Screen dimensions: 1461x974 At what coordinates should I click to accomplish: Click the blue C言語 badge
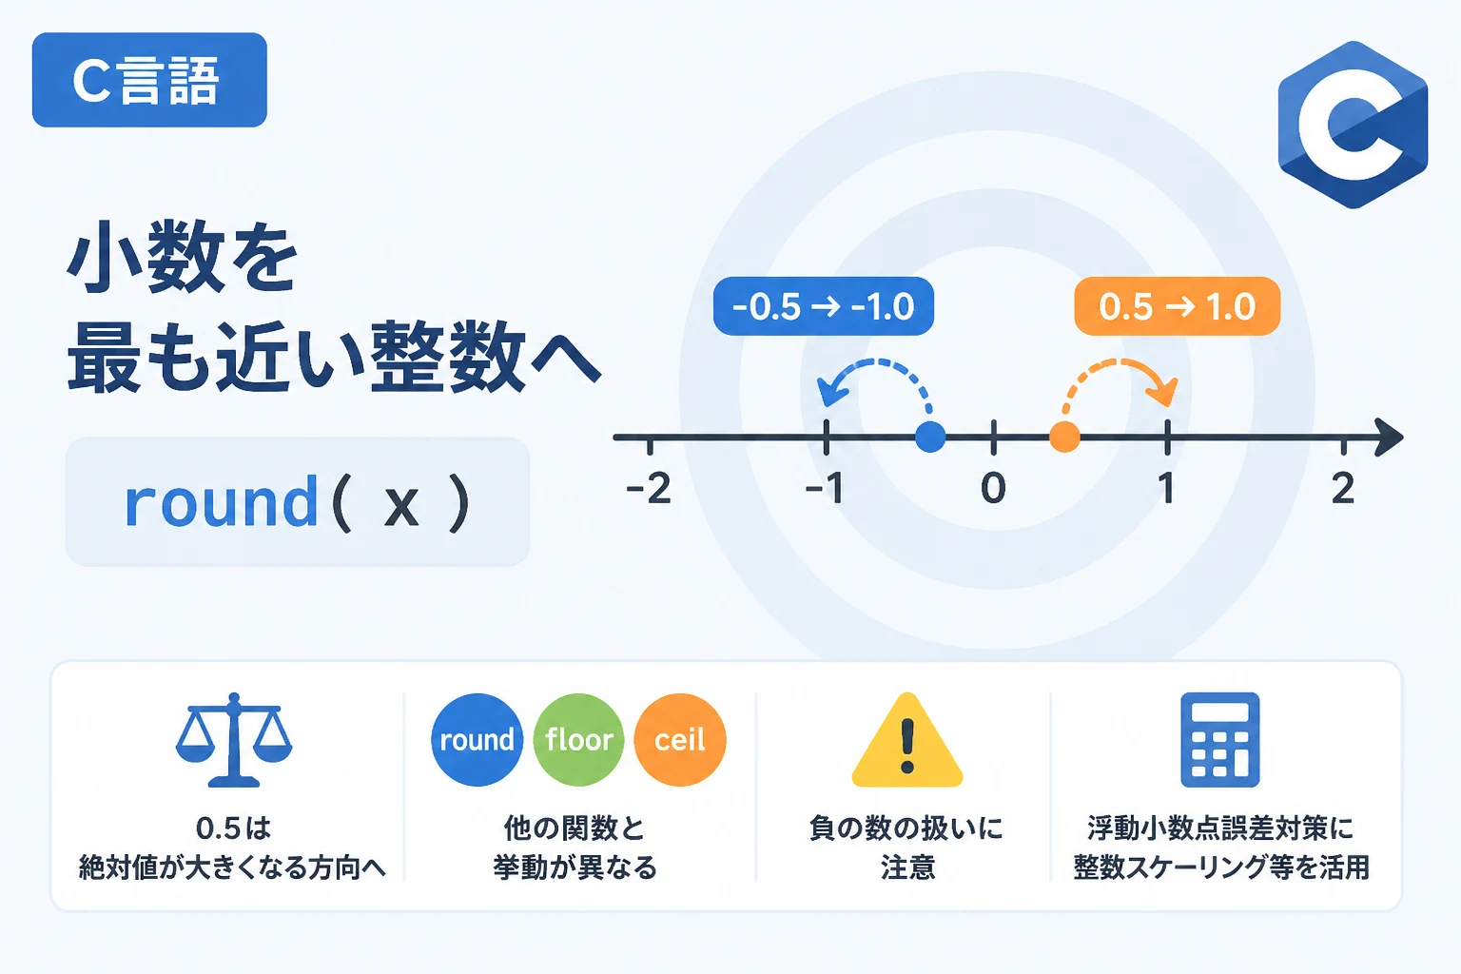pos(149,80)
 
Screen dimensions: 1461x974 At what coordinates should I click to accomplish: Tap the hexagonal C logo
pos(1353,125)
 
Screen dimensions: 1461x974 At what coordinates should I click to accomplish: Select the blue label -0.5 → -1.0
pos(823,306)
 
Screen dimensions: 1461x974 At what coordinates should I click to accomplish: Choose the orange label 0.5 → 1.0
pos(1177,306)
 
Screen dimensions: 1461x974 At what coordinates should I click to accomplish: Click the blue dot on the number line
pos(930,437)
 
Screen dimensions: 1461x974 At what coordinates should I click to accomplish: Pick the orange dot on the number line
pos(1064,437)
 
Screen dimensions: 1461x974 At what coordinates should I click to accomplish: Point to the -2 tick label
pos(649,488)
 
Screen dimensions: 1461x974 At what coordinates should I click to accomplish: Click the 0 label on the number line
pos(993,488)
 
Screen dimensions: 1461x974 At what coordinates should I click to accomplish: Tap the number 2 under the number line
pos(1343,488)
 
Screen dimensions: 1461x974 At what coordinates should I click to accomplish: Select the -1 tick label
pos(825,488)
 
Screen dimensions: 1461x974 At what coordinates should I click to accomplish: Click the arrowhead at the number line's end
pos(1390,437)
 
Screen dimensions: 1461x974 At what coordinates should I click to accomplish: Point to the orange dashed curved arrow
pos(1121,361)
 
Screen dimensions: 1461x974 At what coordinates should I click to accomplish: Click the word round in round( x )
pos(221,501)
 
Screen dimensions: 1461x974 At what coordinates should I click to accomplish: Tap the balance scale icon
pos(234,740)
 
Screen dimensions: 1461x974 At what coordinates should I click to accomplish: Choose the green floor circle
pos(578,740)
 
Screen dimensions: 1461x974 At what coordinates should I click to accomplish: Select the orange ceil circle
pos(680,740)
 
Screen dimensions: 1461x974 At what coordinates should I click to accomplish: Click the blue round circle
pos(477,740)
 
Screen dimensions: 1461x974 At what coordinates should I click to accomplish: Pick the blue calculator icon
pos(1219,740)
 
